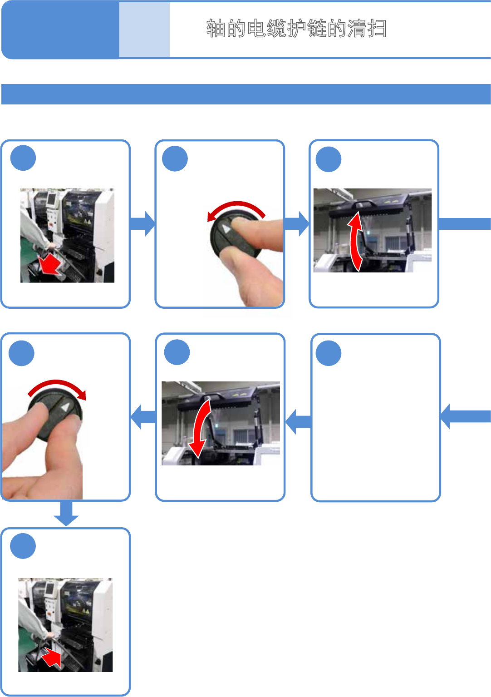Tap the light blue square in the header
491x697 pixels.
tap(144, 30)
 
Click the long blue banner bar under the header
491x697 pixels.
tap(245, 94)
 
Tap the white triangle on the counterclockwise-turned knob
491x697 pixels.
tap(226, 228)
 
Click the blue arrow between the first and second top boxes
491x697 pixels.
tap(142, 223)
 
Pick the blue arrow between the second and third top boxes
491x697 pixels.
tap(297, 223)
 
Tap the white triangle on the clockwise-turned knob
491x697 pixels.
tap(66, 407)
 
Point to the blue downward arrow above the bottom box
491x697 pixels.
tap(66, 513)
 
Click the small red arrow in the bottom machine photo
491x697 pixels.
tap(52, 657)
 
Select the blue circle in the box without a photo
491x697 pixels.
tap(328, 353)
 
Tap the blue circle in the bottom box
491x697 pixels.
tap(23, 546)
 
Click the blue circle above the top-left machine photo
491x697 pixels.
tap(23, 158)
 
